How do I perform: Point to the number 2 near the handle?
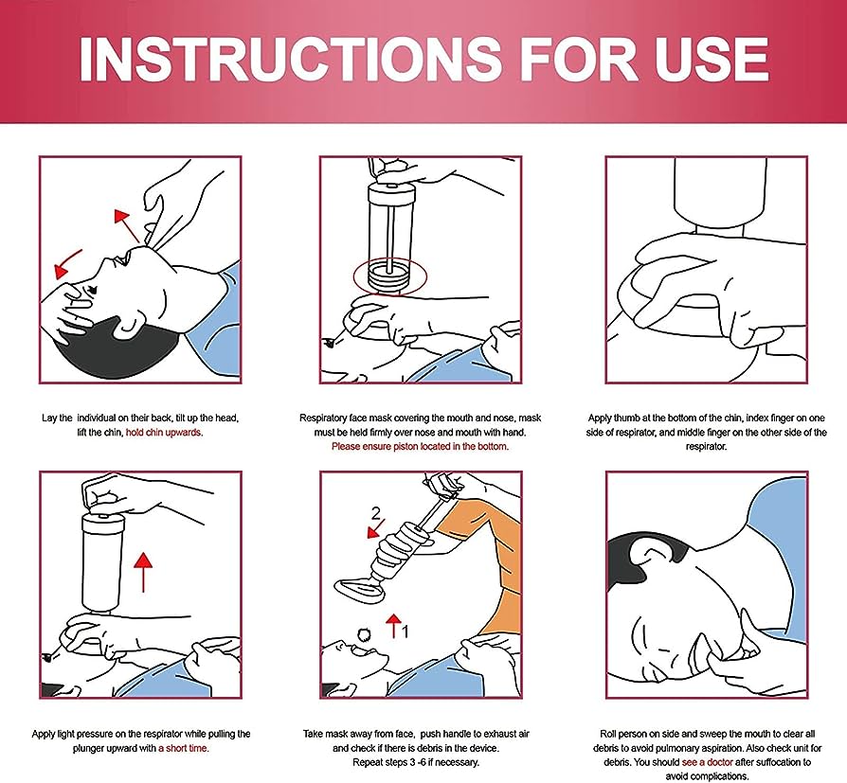[376, 514]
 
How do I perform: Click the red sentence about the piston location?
[420, 446]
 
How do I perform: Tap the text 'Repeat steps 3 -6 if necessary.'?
[420, 761]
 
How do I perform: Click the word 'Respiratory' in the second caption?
[325, 418]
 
